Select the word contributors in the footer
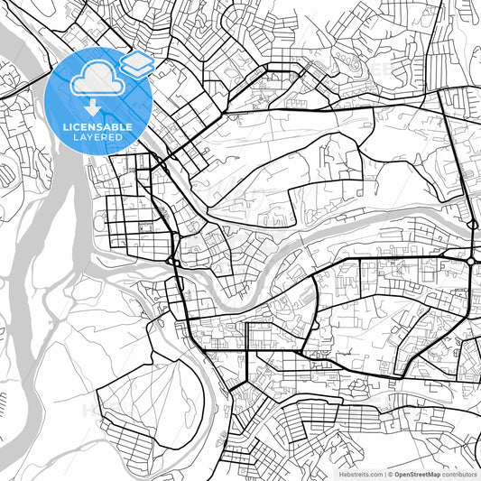pos(459,473)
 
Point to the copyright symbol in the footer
pos(388,473)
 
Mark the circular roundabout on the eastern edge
pos(471,261)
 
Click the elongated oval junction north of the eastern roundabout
pos(473,222)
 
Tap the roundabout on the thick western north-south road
pos(171,262)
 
